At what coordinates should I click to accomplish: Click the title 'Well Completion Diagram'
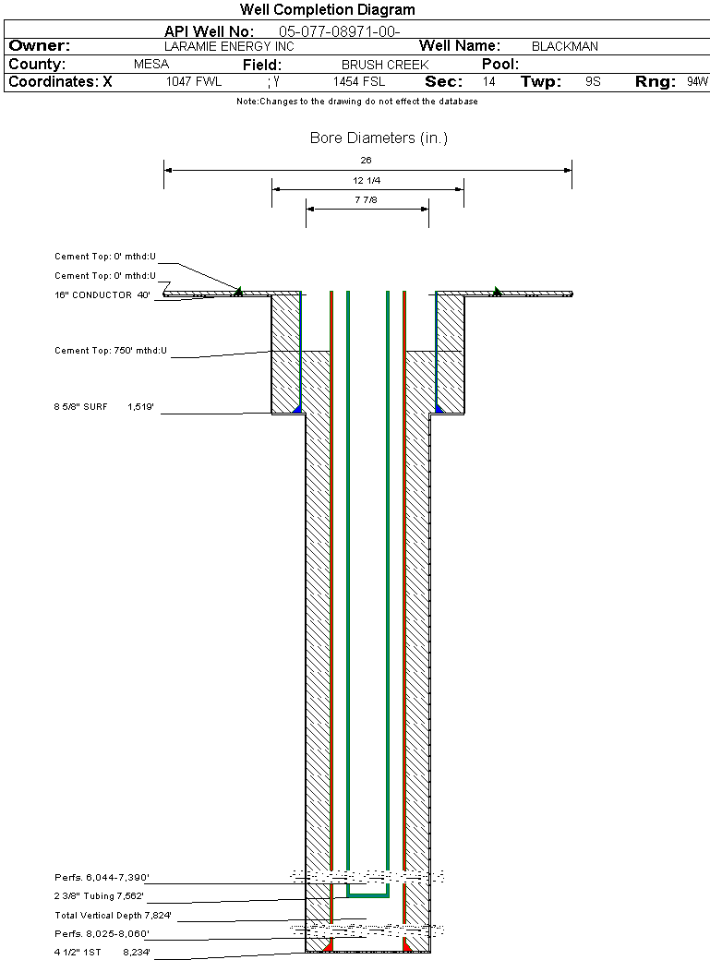click(x=327, y=10)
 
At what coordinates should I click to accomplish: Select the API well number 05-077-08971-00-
click(x=340, y=31)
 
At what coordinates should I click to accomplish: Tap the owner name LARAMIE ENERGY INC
click(x=229, y=46)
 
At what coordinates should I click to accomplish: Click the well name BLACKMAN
click(x=565, y=46)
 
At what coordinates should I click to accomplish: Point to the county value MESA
click(x=151, y=65)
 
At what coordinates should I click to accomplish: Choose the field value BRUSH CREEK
click(x=385, y=65)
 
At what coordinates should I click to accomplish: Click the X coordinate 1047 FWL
click(x=194, y=82)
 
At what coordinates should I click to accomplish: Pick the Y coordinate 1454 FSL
click(x=359, y=82)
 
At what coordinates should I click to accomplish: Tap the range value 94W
click(x=697, y=82)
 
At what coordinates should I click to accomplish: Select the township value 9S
click(x=593, y=82)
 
